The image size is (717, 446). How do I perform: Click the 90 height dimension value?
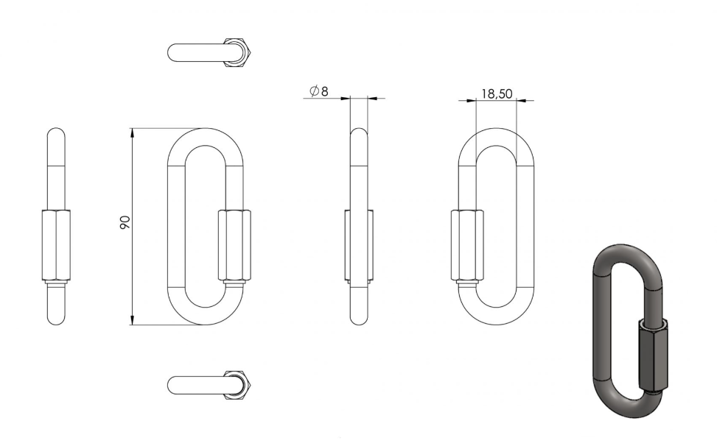[125, 222]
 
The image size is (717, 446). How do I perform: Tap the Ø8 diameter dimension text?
[319, 91]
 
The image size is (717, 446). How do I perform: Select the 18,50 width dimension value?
[497, 93]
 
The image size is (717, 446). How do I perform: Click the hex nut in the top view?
[237, 52]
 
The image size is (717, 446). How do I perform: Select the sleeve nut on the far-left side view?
[56, 244]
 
